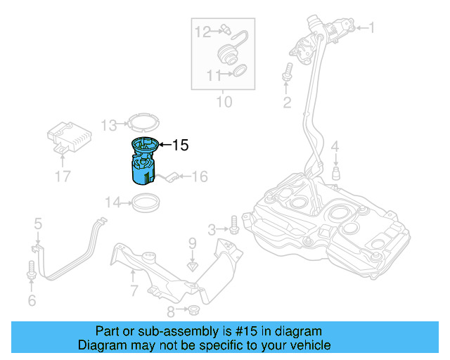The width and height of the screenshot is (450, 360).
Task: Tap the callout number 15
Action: click(180, 146)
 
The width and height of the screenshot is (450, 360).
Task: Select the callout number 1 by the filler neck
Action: click(372, 28)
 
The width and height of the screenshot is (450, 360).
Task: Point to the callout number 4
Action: click(335, 146)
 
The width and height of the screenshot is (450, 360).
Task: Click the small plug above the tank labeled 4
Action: click(336, 172)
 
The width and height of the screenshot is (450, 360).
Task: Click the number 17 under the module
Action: click(63, 176)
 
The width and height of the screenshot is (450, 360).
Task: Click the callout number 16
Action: click(200, 176)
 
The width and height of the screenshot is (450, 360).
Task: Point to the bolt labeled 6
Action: click(31, 269)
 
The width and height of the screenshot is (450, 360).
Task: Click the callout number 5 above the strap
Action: click(38, 224)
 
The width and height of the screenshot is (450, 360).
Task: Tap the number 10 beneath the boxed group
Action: click(223, 102)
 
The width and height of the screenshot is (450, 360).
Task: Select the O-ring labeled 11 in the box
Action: click(239, 70)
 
